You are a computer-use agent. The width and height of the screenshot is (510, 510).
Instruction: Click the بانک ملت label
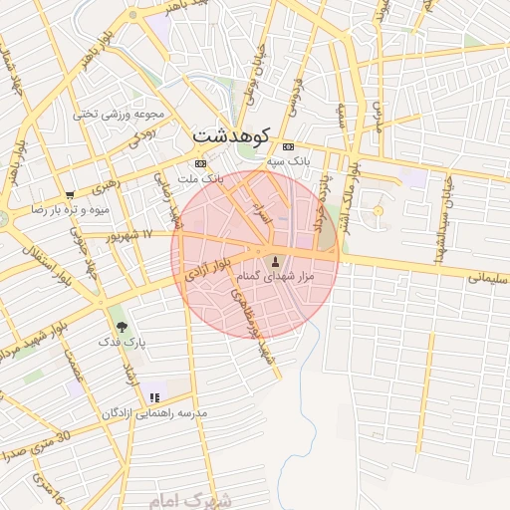click(x=199, y=179)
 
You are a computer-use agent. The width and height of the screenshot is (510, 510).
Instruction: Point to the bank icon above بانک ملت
click(x=200, y=163)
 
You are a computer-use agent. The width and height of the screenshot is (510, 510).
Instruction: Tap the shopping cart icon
click(x=69, y=194)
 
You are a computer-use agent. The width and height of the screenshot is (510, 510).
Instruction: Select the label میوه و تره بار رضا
click(x=69, y=210)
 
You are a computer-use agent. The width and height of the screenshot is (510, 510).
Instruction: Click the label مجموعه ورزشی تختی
click(x=113, y=114)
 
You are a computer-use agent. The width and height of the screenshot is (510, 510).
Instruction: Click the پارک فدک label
click(x=122, y=342)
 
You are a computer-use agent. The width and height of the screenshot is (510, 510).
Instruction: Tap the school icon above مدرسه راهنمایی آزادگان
click(x=153, y=396)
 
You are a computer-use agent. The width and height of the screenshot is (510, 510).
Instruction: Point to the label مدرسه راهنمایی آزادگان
click(x=154, y=412)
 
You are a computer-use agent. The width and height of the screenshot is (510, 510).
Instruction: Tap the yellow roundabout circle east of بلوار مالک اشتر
click(x=377, y=211)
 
